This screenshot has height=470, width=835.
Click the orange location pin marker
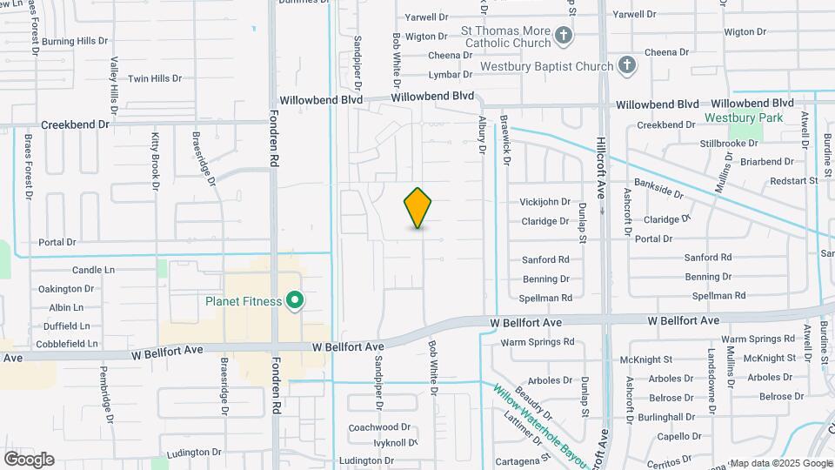417,208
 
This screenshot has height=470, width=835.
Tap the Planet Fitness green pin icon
295,301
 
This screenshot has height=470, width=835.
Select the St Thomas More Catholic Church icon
564,36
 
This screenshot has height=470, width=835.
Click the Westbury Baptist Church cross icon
627,65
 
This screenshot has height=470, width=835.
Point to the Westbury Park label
744,117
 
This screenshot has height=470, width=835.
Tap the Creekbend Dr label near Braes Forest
75,124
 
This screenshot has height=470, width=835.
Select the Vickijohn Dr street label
544,202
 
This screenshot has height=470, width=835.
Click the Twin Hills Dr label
155,78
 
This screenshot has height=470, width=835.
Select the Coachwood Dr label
379,427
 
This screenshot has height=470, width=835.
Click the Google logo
29,460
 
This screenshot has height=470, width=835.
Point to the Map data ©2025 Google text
769,463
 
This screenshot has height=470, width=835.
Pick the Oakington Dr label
66,289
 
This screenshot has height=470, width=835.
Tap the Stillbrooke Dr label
729,143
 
